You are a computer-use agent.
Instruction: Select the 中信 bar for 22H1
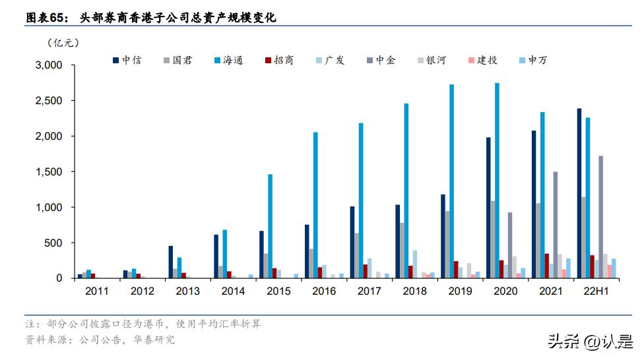[x=579, y=193]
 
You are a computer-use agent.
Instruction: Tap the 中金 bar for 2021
[x=556, y=225]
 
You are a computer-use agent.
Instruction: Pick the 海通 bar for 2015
[x=271, y=226]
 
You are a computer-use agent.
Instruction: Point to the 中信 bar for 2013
[x=171, y=262]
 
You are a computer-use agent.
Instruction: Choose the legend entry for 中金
[x=381, y=61]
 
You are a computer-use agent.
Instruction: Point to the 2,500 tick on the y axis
[x=48, y=101]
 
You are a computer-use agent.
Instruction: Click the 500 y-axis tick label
[x=53, y=243]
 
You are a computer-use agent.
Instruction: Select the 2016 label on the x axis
[x=323, y=291]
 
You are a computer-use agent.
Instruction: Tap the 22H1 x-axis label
[x=596, y=291]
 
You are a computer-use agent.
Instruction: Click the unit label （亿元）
[x=63, y=44]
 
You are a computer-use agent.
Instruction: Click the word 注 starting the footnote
[x=30, y=324]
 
